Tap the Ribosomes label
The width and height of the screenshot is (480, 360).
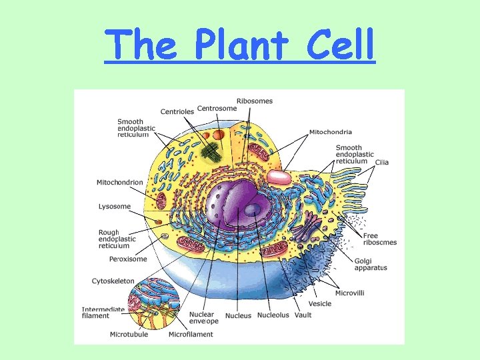254,101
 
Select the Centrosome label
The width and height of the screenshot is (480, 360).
217,109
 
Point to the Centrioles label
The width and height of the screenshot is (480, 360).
177,111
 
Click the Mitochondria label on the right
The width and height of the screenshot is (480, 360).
331,132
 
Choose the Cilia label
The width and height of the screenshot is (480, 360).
382,162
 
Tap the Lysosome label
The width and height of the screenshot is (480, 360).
115,207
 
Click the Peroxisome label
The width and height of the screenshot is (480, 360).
127,259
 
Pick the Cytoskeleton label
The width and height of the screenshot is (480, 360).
113,281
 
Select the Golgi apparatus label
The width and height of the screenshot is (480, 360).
371,264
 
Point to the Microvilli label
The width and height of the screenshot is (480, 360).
350,293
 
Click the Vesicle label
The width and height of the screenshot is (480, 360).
320,304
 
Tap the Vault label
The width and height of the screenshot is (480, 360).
302,315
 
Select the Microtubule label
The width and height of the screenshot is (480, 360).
129,334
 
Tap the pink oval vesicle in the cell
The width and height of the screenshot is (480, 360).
279,177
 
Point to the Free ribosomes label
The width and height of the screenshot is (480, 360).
380,239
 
